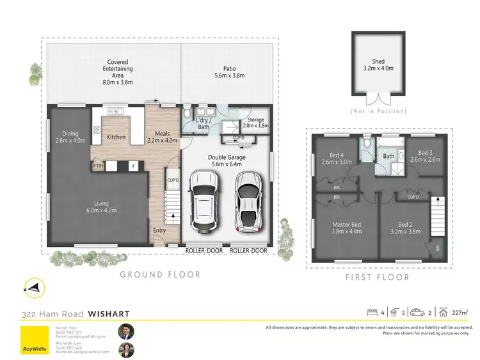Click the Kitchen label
[x=116, y=137]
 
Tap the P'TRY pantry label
[x=98, y=167]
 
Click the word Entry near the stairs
[x=160, y=231]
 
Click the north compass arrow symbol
[x=31, y=288]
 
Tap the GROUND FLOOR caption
[x=160, y=274]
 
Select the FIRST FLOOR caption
[x=377, y=277]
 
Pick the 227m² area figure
[x=459, y=313]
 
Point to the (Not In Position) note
[x=378, y=111]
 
